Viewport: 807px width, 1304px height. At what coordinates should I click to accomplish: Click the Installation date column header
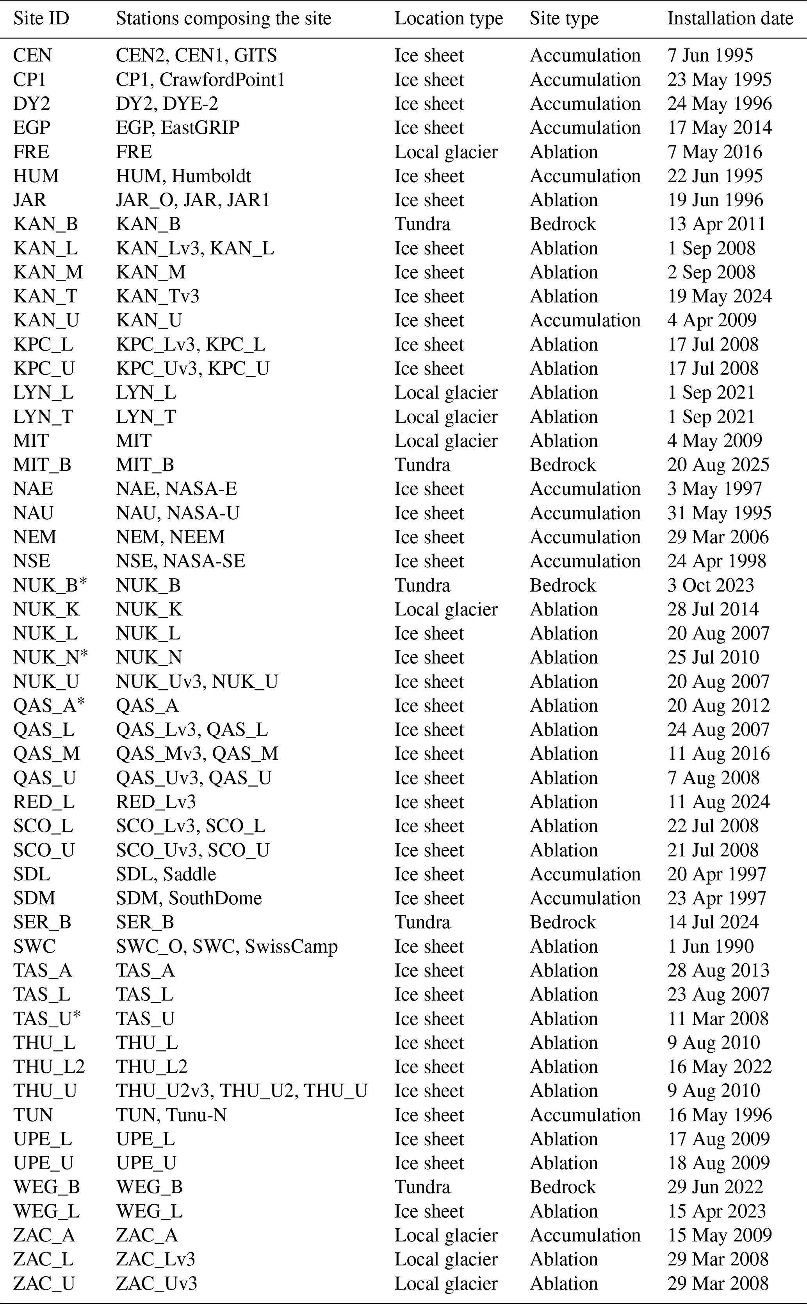(x=730, y=19)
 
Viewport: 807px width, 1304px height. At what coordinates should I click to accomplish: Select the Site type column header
(x=564, y=19)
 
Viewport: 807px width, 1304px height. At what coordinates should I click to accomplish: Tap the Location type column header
(x=448, y=19)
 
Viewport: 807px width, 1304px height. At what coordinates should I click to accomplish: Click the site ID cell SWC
(x=34, y=946)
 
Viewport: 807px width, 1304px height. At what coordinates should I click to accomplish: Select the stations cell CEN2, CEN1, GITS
(x=196, y=55)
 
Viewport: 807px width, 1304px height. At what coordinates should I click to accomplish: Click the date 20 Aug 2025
(x=718, y=465)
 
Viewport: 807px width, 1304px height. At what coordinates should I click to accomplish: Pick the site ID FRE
(x=31, y=152)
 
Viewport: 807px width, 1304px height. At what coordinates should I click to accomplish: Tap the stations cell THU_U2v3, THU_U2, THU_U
(x=241, y=1090)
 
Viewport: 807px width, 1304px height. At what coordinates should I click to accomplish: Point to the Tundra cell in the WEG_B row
(x=422, y=1186)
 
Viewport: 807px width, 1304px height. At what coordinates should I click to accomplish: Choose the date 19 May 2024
(x=719, y=296)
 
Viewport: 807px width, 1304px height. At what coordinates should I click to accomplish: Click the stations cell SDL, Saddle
(x=166, y=874)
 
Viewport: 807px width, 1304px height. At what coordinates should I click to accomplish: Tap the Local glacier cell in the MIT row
(x=445, y=441)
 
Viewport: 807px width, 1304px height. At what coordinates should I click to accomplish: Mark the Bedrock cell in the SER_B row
(x=562, y=922)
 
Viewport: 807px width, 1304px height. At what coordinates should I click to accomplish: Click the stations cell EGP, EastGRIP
(x=177, y=128)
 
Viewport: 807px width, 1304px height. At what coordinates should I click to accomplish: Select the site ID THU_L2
(x=48, y=1066)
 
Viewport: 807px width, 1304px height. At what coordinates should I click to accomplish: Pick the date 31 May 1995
(x=719, y=513)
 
